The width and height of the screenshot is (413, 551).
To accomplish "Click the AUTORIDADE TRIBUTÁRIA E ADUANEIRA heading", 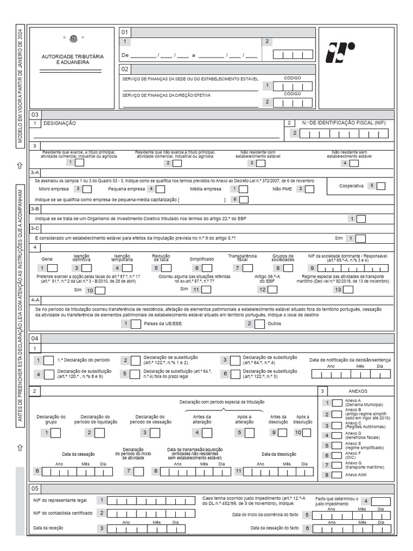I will coord(73,60).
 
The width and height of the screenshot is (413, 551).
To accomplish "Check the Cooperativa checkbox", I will coord(381,186).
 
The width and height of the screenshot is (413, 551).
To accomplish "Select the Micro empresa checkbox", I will coord(87,189).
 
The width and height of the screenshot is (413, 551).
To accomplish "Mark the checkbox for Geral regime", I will coord(53,268).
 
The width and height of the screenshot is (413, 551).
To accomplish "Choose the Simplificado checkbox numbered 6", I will coord(208,268).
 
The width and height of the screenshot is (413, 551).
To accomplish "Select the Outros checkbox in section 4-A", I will coord(259,324).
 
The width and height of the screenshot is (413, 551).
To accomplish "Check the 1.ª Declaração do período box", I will coord(48,361).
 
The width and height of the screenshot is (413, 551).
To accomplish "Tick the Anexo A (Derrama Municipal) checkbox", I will coord(337,402).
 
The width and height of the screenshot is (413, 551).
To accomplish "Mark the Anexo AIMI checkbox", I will coord(337,475).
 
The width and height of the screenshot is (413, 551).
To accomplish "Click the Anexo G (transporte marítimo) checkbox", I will coord(337,465).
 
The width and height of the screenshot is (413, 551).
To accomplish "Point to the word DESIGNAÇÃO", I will coord(60,123).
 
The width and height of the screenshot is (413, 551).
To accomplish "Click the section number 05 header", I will coord(35,489).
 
